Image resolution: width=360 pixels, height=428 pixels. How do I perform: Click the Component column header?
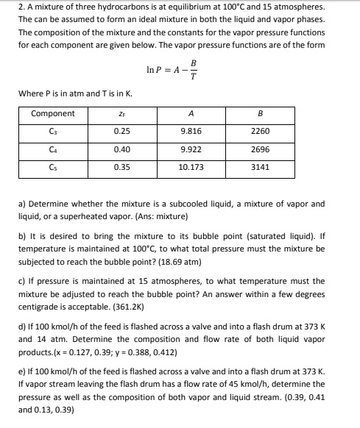(52, 113)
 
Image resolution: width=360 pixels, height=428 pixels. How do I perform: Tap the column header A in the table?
(191, 113)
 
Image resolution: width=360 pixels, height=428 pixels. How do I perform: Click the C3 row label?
(52, 131)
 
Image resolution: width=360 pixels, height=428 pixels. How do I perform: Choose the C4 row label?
(52, 149)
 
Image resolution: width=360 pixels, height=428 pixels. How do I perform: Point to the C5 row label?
(52, 166)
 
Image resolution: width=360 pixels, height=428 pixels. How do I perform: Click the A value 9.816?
(191, 131)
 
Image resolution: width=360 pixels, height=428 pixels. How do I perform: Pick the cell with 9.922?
(191, 149)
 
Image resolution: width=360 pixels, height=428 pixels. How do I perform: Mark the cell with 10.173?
(191, 166)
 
